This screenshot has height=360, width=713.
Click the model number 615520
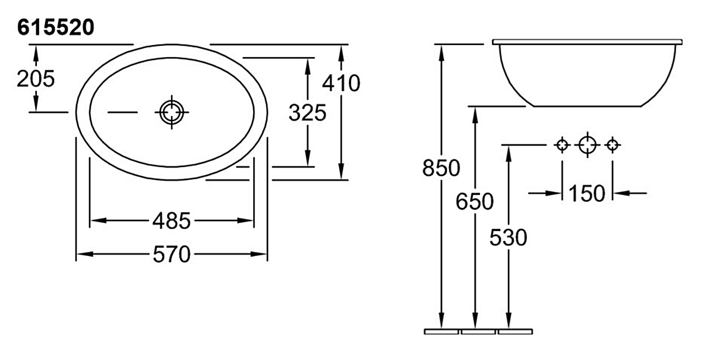click(56, 27)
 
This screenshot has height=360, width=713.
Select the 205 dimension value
click(36, 78)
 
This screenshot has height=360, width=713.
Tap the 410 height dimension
click(341, 83)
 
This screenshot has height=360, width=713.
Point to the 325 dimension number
click(308, 113)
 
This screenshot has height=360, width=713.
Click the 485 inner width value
click(172, 220)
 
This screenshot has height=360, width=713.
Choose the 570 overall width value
click(172, 254)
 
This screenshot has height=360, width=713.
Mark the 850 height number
click(441, 168)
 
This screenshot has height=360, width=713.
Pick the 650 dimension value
click(475, 201)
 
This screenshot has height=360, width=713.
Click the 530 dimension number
click(509, 238)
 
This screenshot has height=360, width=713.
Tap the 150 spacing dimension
click(587, 193)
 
